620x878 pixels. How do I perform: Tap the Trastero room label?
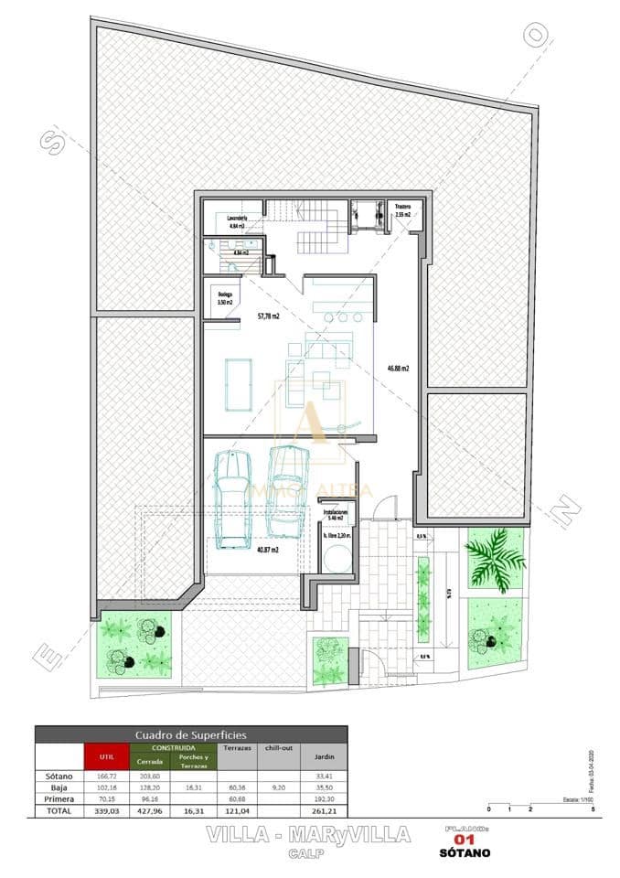point(403,208)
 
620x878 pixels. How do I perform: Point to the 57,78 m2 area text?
point(268,316)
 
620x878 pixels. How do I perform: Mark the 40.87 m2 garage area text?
point(267,549)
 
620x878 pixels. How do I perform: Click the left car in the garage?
point(232,499)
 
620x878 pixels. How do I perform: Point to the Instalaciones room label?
point(336,513)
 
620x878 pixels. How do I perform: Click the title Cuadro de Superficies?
point(190,734)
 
